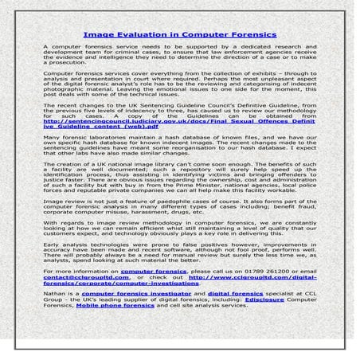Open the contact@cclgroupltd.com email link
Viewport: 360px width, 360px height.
pos(79,278)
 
